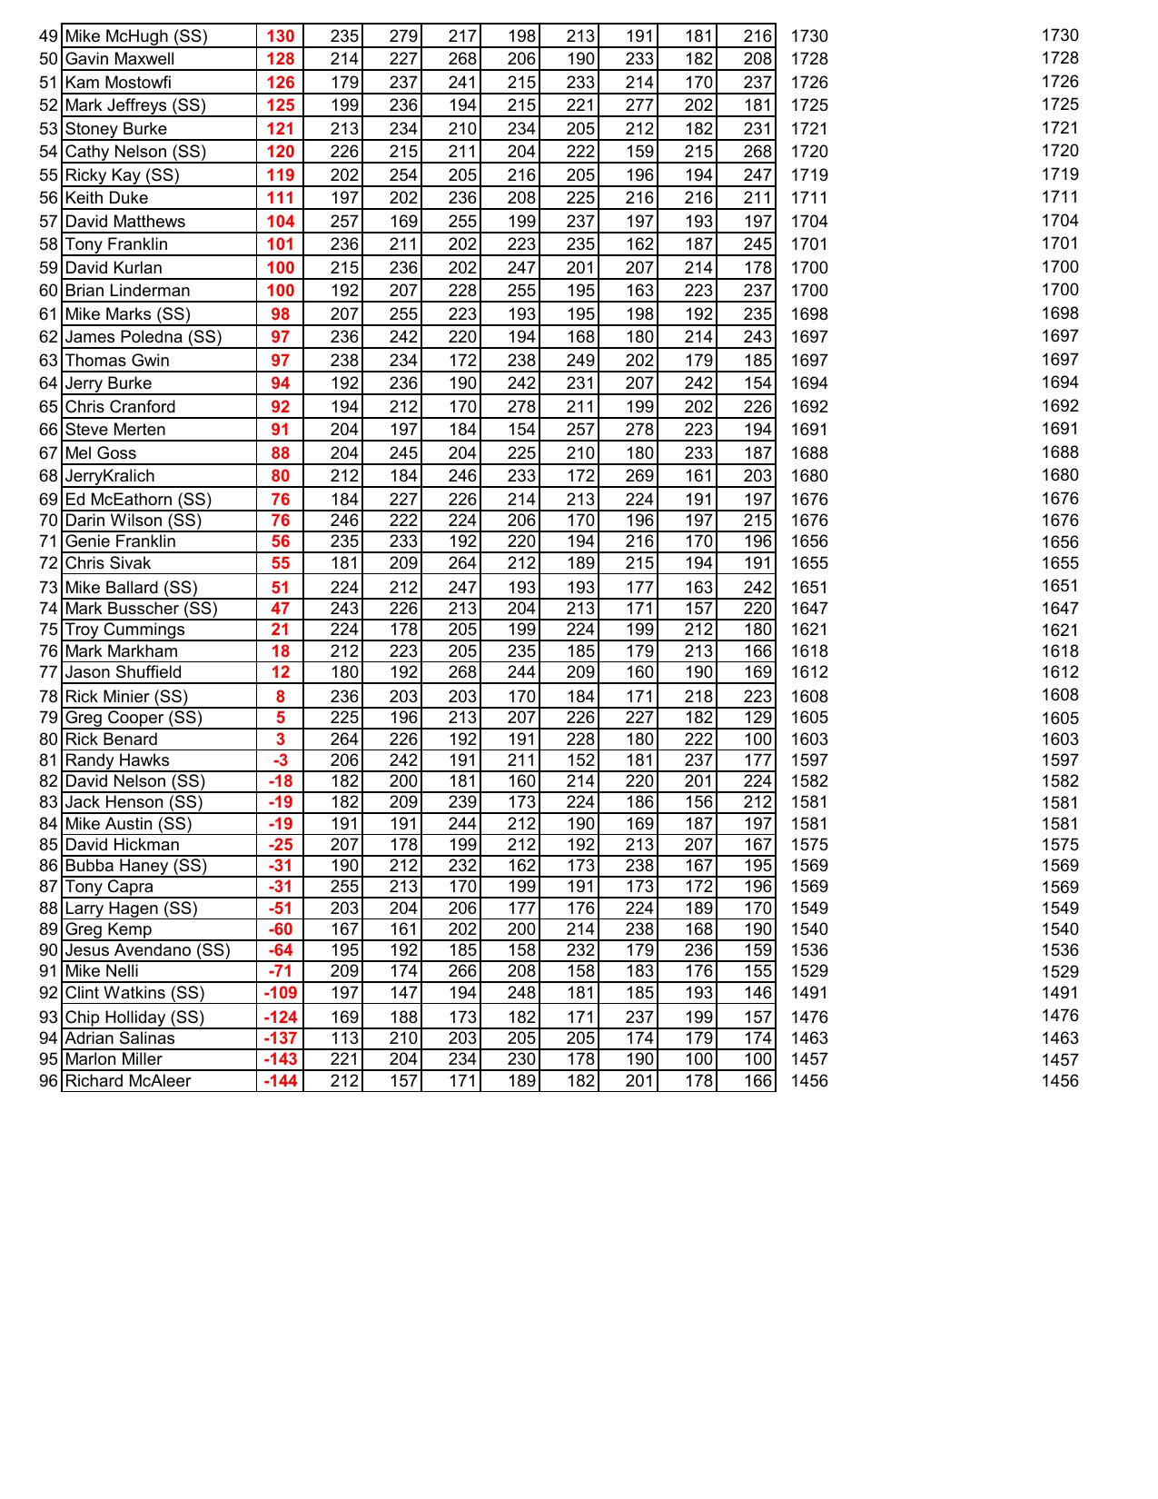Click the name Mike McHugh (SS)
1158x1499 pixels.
(x=136, y=36)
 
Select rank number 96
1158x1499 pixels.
(x=48, y=1081)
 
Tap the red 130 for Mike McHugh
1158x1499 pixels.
(x=280, y=36)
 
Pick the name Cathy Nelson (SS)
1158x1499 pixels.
(x=135, y=152)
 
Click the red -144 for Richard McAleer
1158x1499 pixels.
(x=280, y=1081)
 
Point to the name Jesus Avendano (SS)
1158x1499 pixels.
(x=147, y=950)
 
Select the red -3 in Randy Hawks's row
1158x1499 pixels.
(x=280, y=760)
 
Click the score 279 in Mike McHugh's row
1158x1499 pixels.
(x=403, y=36)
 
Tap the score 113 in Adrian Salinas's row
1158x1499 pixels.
(x=344, y=1038)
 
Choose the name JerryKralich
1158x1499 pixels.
(x=110, y=476)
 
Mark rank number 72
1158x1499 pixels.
(x=48, y=563)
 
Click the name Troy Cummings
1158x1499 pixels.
(x=124, y=630)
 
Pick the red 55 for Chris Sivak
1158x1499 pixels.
(x=280, y=563)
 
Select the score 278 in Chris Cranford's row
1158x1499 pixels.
(x=521, y=407)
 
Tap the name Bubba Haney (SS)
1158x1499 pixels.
(x=135, y=866)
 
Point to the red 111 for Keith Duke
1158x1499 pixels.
(x=280, y=198)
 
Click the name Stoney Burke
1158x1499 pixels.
(x=115, y=129)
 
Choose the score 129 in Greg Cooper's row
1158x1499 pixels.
(x=757, y=718)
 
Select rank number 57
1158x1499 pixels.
(x=48, y=222)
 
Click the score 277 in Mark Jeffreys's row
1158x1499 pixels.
(x=639, y=105)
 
